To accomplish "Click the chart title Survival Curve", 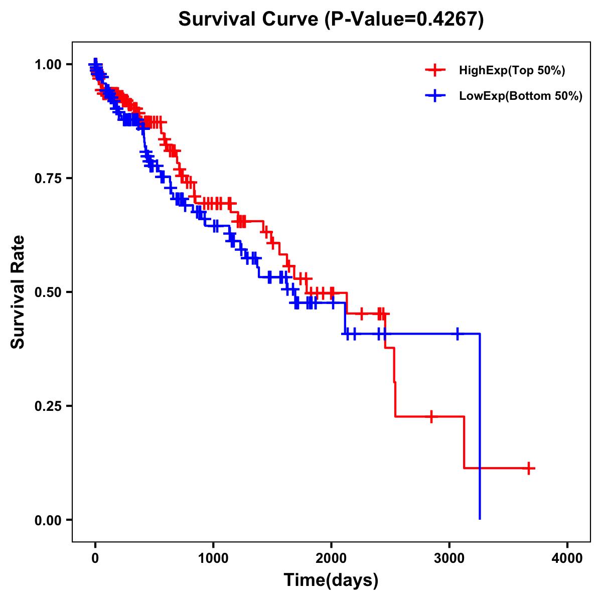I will tap(248, 20).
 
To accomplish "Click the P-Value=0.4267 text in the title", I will tap(404, 20).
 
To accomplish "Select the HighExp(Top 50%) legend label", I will tap(512, 71).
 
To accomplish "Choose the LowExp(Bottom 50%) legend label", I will tap(521, 96).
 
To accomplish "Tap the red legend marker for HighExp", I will tap(435, 70).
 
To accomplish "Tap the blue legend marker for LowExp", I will tap(435, 96).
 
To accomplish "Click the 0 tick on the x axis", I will tap(95, 558).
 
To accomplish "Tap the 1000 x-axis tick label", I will tap(213, 558).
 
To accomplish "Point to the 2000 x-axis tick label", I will tap(331, 558).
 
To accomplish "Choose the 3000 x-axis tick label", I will tap(449, 558).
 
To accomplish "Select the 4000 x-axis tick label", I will tap(567, 558).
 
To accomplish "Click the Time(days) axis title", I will tap(331, 580).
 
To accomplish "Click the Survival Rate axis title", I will tap(18, 292).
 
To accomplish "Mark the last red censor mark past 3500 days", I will tap(528, 468).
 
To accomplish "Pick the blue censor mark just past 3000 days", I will tap(458, 334).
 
